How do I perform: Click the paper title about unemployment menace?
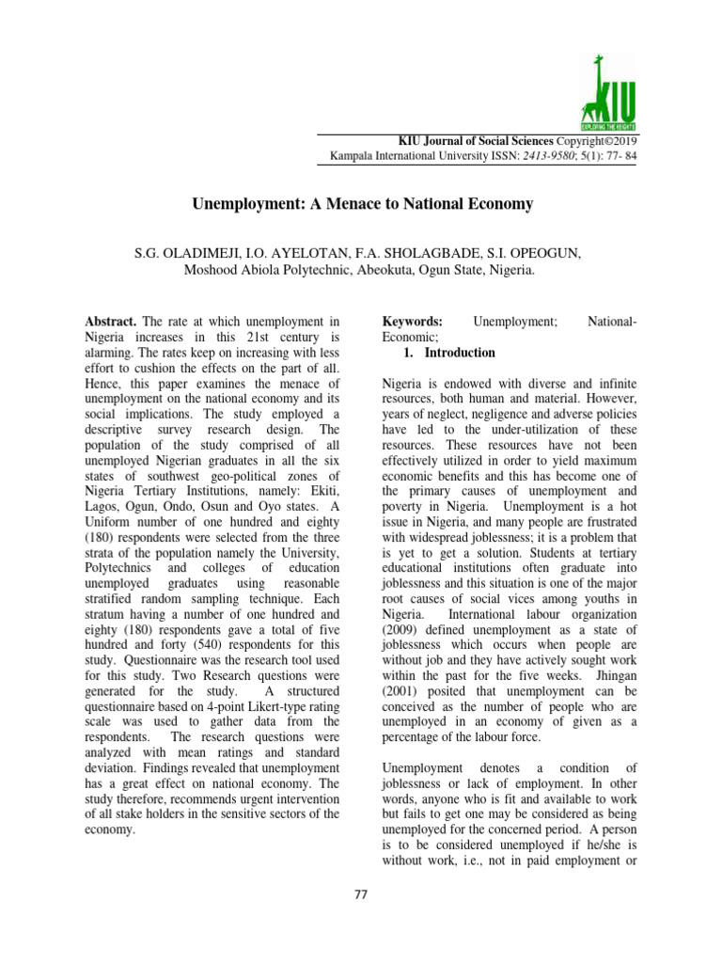point(363,203)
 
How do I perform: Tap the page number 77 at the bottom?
point(361,893)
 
